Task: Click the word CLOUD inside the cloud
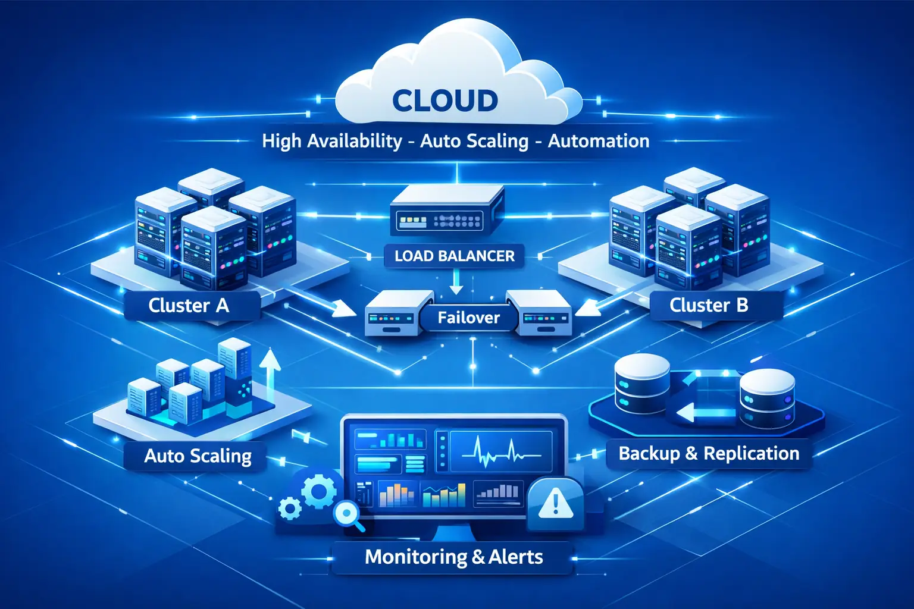click(x=445, y=101)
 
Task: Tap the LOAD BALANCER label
click(x=455, y=256)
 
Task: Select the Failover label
click(x=468, y=318)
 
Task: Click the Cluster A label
click(x=189, y=306)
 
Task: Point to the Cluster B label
click(x=709, y=305)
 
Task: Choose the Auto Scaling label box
click(x=198, y=456)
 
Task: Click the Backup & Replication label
click(x=709, y=453)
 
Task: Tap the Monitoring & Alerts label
click(x=453, y=557)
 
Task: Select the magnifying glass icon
click(x=347, y=513)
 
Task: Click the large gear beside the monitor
click(x=320, y=491)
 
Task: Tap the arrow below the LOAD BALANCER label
click(x=456, y=282)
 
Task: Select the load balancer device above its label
click(x=446, y=210)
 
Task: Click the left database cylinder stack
click(x=641, y=384)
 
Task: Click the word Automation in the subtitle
click(x=599, y=141)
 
